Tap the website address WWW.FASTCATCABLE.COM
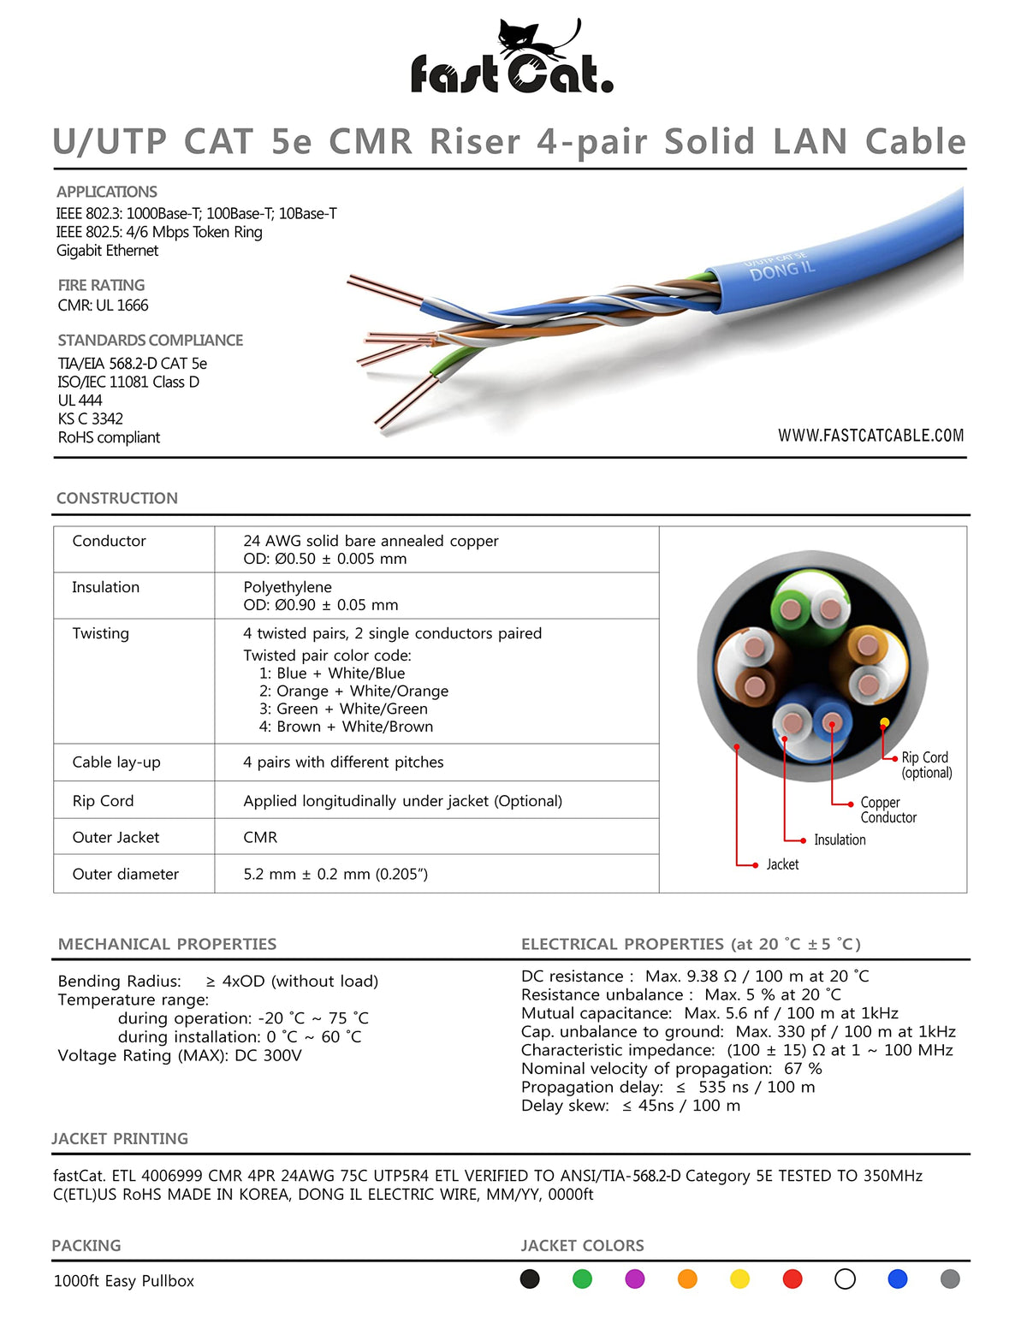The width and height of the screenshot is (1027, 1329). pos(870,436)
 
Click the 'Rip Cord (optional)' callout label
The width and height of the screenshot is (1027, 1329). pos(926,765)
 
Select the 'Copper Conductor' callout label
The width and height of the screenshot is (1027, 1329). pos(887,810)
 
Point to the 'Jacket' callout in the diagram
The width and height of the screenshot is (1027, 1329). pos(782,864)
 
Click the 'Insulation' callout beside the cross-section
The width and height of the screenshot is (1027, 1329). pos(840,840)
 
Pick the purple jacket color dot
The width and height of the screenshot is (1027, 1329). pos(635,1279)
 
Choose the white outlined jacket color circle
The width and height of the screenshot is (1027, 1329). pos(845,1279)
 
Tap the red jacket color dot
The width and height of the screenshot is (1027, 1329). pos(793,1279)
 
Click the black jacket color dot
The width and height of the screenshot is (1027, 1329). pos(530,1279)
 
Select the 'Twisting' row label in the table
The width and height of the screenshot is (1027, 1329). pos(101,633)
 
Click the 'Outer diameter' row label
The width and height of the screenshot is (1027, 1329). pos(126,874)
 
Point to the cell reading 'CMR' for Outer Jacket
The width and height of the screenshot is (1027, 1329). pos(260,837)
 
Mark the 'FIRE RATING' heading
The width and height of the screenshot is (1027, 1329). pos(101,285)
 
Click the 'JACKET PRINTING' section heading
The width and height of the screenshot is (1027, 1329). pos(120,1139)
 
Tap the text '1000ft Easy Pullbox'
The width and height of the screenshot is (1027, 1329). pos(124,1281)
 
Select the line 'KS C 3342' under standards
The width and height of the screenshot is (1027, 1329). pos(91,418)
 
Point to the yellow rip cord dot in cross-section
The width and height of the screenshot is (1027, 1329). pos(885,723)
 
